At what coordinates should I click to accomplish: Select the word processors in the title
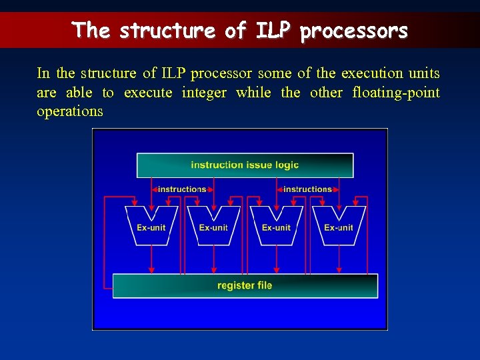(x=353, y=31)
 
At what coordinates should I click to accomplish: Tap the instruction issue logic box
(x=245, y=165)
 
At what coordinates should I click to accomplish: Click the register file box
(x=245, y=285)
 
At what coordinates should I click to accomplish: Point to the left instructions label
(x=182, y=189)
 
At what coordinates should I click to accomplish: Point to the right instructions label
(x=307, y=189)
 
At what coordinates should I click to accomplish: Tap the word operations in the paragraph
(x=70, y=111)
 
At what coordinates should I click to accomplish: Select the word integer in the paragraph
(x=204, y=93)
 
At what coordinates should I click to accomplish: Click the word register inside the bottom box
(x=235, y=285)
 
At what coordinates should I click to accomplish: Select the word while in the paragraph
(x=253, y=93)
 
